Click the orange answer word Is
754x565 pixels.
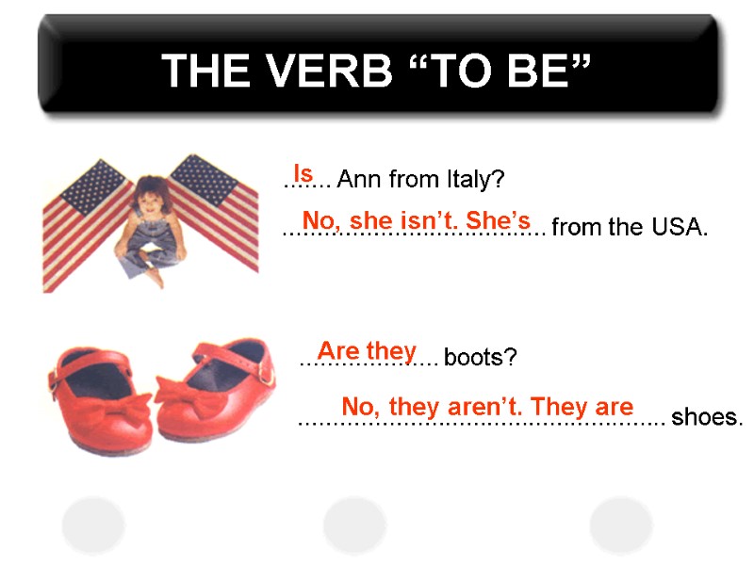coord(303,173)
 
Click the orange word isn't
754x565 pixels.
coord(416,220)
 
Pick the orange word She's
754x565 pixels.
coord(499,220)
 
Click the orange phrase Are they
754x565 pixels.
coord(367,351)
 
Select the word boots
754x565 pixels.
coord(481,359)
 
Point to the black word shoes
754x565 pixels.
coord(707,417)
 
